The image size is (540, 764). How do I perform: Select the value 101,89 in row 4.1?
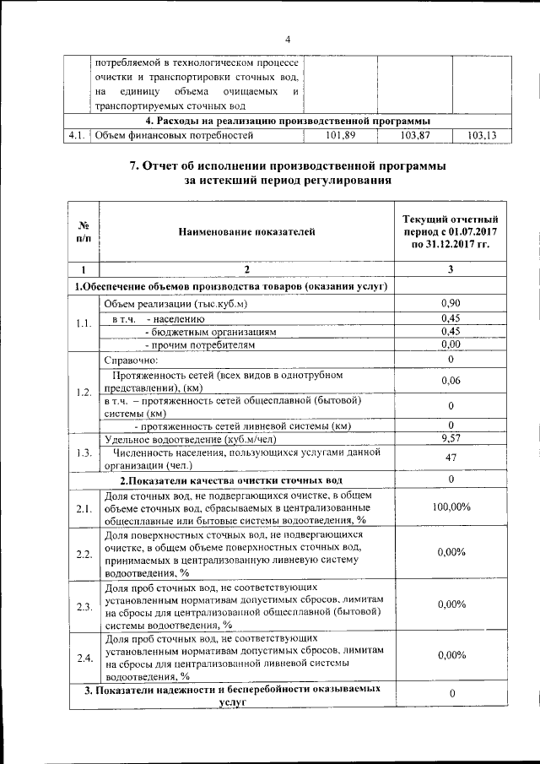(340, 135)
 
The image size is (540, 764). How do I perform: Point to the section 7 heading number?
(133, 165)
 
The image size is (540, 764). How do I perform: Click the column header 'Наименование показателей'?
(246, 229)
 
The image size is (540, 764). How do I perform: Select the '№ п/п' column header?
(84, 232)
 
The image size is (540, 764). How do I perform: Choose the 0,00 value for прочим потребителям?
(451, 344)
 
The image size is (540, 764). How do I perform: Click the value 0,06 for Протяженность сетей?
(451, 382)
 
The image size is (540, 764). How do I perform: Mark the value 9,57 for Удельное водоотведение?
(451, 438)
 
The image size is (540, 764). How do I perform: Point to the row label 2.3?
(84, 606)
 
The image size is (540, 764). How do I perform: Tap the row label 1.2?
(84, 393)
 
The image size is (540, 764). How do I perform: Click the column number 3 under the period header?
(451, 269)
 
